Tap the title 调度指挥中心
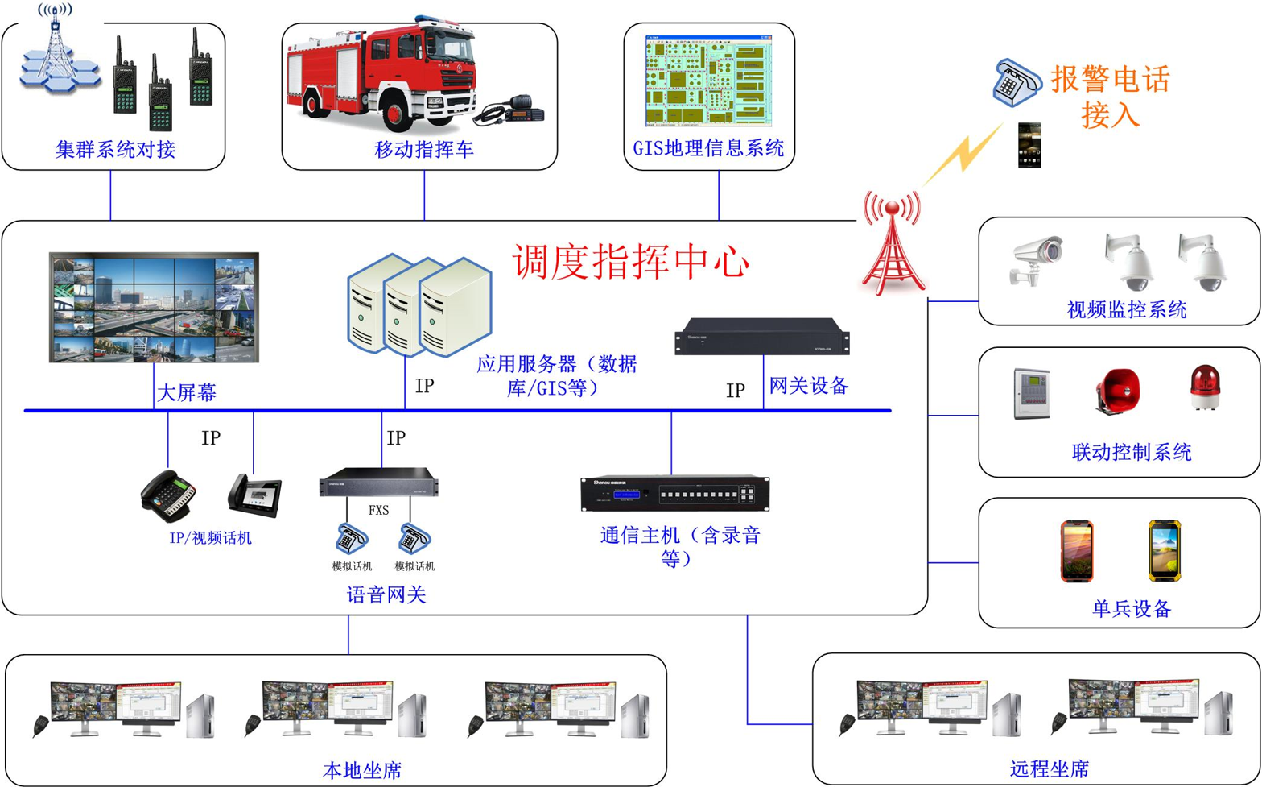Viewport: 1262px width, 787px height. [631, 261]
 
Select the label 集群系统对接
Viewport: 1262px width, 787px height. [115, 150]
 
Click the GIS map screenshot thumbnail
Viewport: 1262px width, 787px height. [708, 81]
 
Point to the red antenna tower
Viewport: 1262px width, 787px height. [893, 242]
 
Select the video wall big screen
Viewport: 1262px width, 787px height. [155, 307]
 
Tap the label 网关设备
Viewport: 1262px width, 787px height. [809, 386]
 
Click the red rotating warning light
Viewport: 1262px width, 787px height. [1205, 387]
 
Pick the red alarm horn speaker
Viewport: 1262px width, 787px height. [1118, 391]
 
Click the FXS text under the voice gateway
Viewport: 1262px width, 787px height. [378, 510]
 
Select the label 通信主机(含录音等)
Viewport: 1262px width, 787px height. [680, 546]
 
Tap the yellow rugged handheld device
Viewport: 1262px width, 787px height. [1164, 550]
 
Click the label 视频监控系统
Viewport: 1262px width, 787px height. [1126, 310]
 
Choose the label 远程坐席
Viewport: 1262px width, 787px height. [1049, 768]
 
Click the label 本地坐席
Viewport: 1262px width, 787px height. [362, 770]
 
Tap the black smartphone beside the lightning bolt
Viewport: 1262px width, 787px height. [1029, 145]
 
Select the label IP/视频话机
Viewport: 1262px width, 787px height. [210, 538]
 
